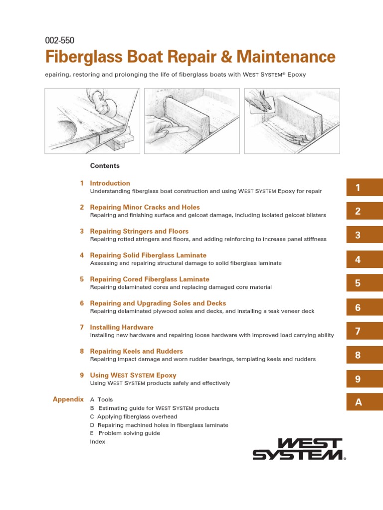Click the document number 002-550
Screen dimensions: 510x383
[x=59, y=41]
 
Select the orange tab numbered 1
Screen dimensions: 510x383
[x=364, y=188]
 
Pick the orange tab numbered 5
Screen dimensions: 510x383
[x=364, y=283]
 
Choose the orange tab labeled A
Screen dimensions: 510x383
[x=364, y=402]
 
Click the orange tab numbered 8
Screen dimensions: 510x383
[x=364, y=355]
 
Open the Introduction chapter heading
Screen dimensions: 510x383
[x=110, y=183]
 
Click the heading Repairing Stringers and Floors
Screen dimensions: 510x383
[x=139, y=231]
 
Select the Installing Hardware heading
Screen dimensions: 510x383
[x=121, y=327]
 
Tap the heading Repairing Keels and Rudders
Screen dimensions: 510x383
[x=136, y=351]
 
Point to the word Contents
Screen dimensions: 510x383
[x=105, y=166]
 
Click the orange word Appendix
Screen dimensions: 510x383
[x=68, y=399]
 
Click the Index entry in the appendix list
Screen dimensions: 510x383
[x=97, y=442]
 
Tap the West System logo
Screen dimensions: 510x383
[x=298, y=449]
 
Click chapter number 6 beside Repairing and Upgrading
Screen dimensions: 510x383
[x=82, y=303]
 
